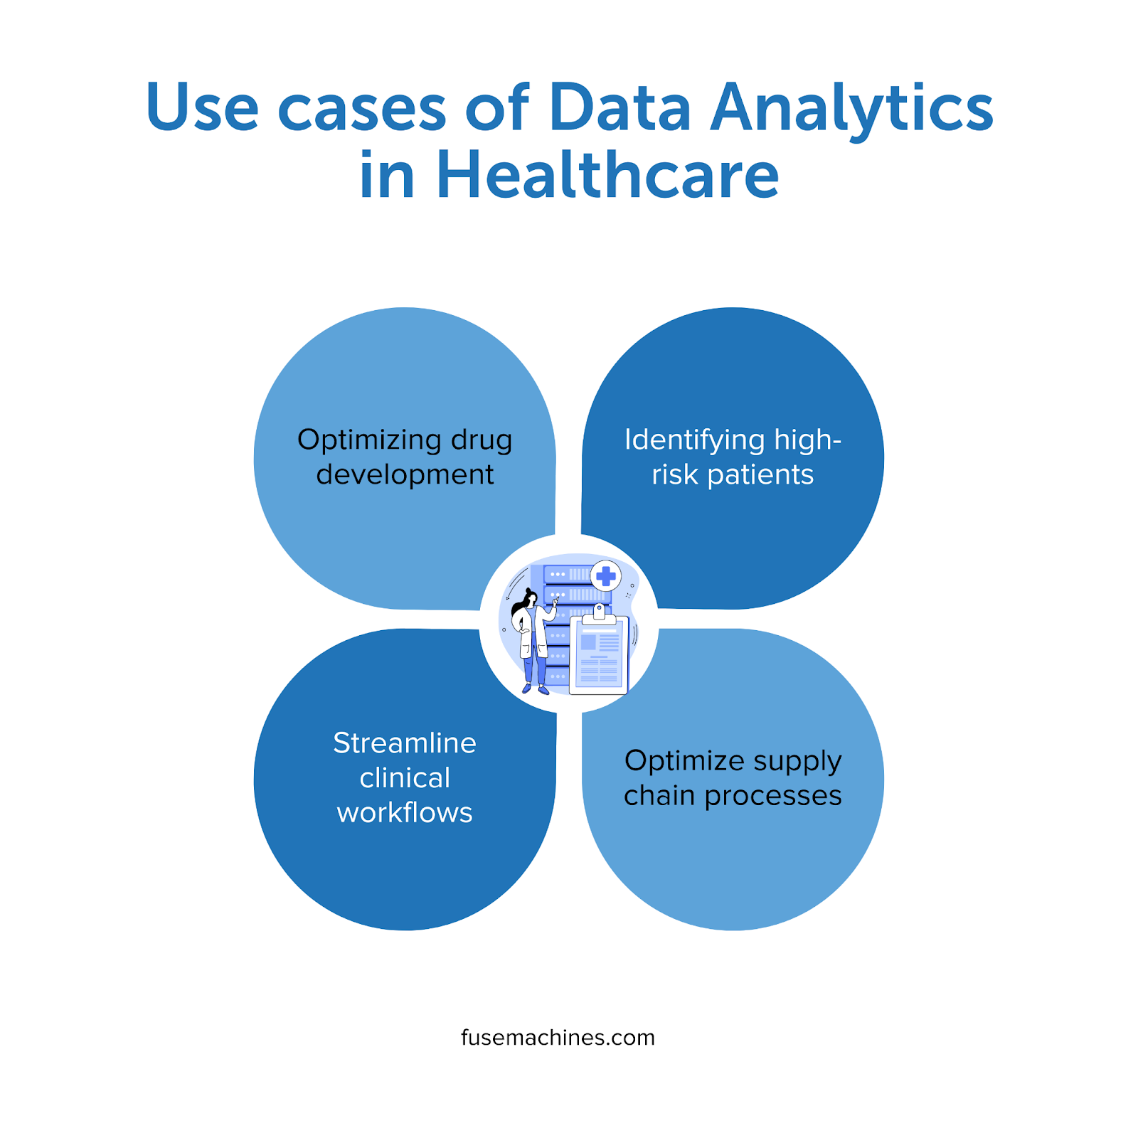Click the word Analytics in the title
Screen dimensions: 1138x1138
click(x=852, y=109)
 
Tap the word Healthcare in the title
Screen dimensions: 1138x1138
click(x=607, y=175)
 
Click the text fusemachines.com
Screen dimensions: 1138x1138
click(x=558, y=1038)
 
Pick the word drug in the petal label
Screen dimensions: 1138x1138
click(x=482, y=440)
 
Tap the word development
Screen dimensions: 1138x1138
click(x=405, y=474)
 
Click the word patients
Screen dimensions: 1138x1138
click(x=760, y=475)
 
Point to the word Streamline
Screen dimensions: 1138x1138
click(x=405, y=743)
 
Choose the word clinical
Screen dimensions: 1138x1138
click(x=405, y=778)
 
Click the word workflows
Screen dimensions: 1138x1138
click(x=405, y=812)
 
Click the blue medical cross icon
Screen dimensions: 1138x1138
click(x=606, y=576)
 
